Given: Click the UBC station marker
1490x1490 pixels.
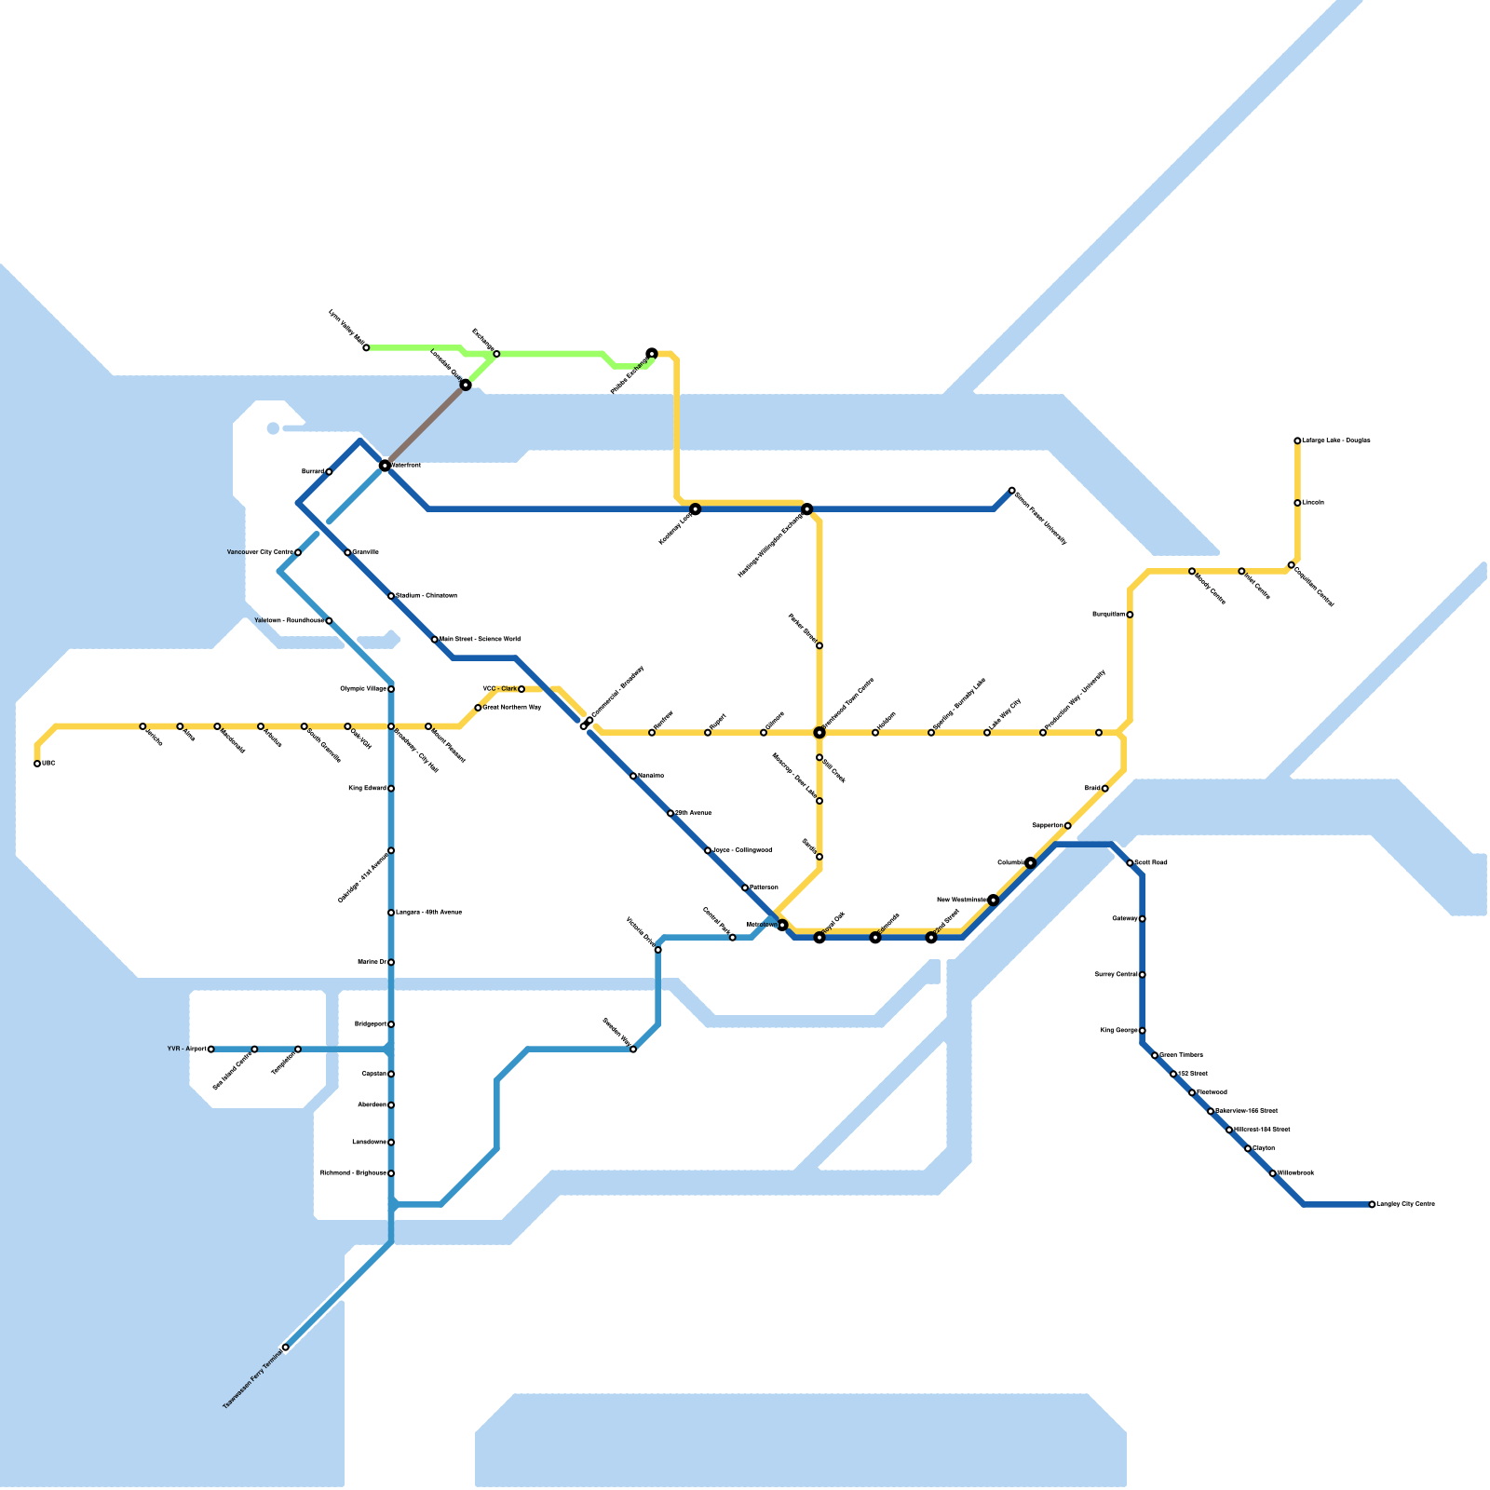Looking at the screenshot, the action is pos(37,764).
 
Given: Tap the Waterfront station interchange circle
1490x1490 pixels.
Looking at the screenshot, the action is pos(385,465).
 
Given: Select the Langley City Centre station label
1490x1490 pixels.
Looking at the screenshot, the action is pos(1405,1204).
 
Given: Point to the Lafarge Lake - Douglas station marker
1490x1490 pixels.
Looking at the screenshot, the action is pos(1297,440).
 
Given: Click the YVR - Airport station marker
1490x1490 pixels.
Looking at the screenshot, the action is pos(211,1050).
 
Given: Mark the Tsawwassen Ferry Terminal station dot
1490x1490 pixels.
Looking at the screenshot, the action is pos(285,1348).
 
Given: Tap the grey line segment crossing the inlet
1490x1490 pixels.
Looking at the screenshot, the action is pos(425,425).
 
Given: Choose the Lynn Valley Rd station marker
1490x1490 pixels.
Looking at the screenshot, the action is pos(366,348).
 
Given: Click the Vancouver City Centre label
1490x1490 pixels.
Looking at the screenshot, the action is pos(260,552).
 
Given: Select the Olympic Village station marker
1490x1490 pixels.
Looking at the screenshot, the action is pos(391,689).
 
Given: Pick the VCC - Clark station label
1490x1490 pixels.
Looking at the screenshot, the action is pos(499,689).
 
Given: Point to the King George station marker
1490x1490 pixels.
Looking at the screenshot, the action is pos(1143,1031).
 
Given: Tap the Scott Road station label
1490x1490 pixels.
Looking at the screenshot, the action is pos(1151,863).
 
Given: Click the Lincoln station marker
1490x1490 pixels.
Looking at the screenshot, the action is pos(1297,503).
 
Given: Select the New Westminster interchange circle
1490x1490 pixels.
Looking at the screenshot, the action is pos(994,900).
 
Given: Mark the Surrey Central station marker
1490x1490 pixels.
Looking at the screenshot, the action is pos(1143,975).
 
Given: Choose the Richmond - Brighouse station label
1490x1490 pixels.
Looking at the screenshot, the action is pos(353,1172).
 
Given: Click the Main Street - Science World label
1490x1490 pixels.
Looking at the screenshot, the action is pos(480,640).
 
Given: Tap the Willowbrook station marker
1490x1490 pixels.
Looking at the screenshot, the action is pos(1273,1173).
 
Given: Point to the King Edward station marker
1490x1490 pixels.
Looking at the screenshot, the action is pos(391,789).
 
